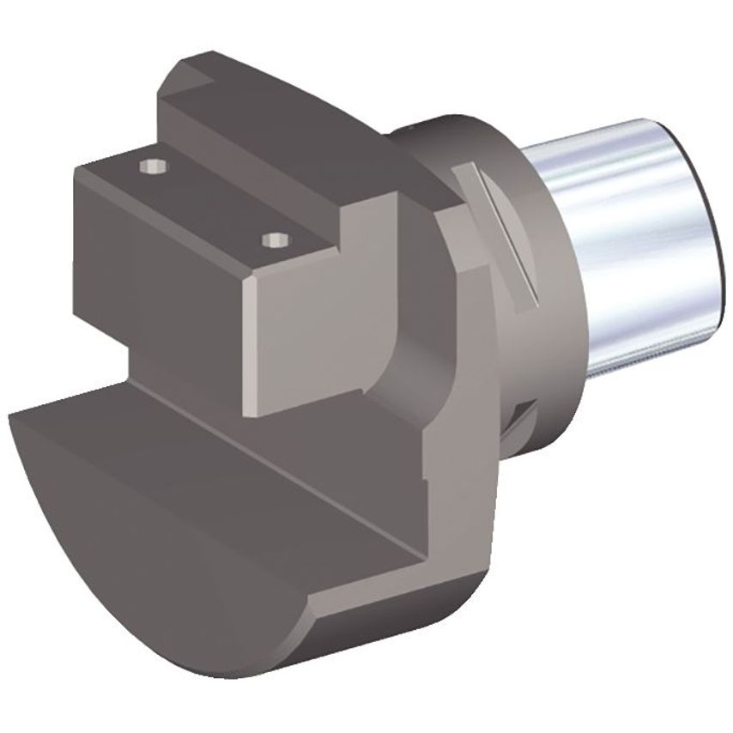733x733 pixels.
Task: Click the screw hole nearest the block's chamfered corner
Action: (274, 239)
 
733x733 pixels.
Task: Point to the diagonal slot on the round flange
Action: (503, 232)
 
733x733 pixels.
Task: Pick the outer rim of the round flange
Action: (472, 360)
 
